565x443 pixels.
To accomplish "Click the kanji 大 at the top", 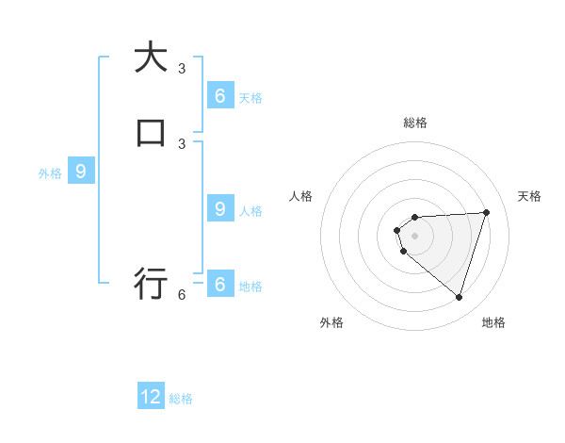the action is (151, 57).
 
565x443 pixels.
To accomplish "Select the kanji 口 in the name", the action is (151, 132).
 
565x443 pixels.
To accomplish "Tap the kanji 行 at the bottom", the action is (151, 283).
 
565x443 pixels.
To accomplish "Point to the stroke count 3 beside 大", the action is (182, 68).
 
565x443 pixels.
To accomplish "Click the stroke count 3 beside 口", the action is (182, 143).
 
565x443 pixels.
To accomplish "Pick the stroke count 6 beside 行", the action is (182, 294).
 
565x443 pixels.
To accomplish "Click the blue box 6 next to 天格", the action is (219, 95).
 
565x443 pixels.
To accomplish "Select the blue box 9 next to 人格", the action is (219, 209).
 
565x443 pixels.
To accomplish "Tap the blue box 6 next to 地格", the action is (219, 285).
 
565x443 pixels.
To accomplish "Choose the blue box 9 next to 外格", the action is (81, 172).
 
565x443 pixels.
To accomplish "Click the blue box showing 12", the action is (151, 397).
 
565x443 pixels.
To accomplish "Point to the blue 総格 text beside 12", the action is (181, 399).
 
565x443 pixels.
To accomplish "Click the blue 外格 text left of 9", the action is (50, 173).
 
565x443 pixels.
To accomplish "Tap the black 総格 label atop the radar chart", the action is (415, 123).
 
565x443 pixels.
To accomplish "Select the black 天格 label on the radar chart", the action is (530, 196).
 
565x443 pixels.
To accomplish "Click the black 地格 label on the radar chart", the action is (493, 322).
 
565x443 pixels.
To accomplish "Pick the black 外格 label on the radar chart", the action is (331, 322).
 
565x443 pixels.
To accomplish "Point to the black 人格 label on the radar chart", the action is (300, 196).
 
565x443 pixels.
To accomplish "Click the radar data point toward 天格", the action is (486, 212).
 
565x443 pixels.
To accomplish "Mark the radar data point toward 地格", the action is (459, 297).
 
